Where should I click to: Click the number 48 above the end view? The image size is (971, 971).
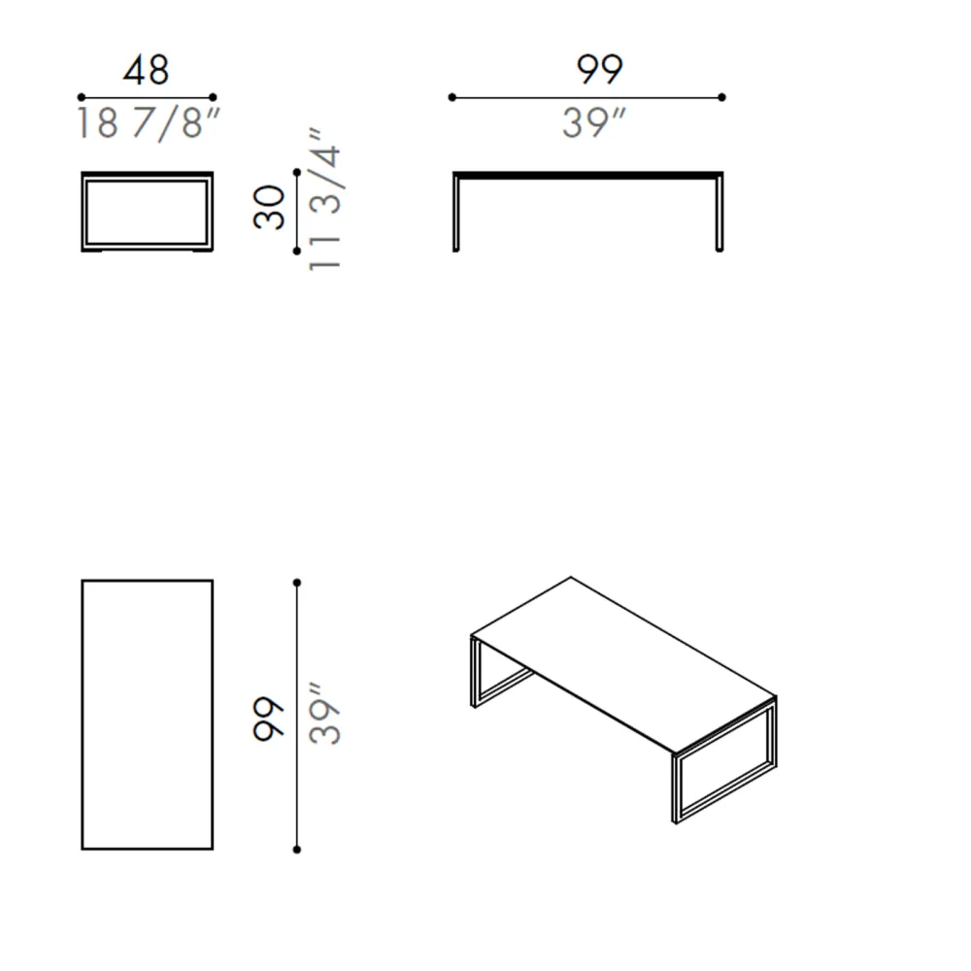(x=147, y=70)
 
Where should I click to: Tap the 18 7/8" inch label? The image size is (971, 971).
(x=148, y=123)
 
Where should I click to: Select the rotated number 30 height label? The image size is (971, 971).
(x=269, y=208)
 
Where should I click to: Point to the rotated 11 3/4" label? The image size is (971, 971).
(x=324, y=199)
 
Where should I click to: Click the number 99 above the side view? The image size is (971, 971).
(x=599, y=69)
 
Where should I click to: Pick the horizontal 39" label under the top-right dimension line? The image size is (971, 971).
(x=594, y=122)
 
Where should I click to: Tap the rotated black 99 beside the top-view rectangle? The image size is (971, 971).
(x=269, y=719)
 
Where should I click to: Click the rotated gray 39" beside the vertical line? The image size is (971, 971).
(x=324, y=714)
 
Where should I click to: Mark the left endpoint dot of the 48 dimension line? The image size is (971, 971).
(x=82, y=97)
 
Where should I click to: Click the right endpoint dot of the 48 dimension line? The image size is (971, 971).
(x=213, y=97)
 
